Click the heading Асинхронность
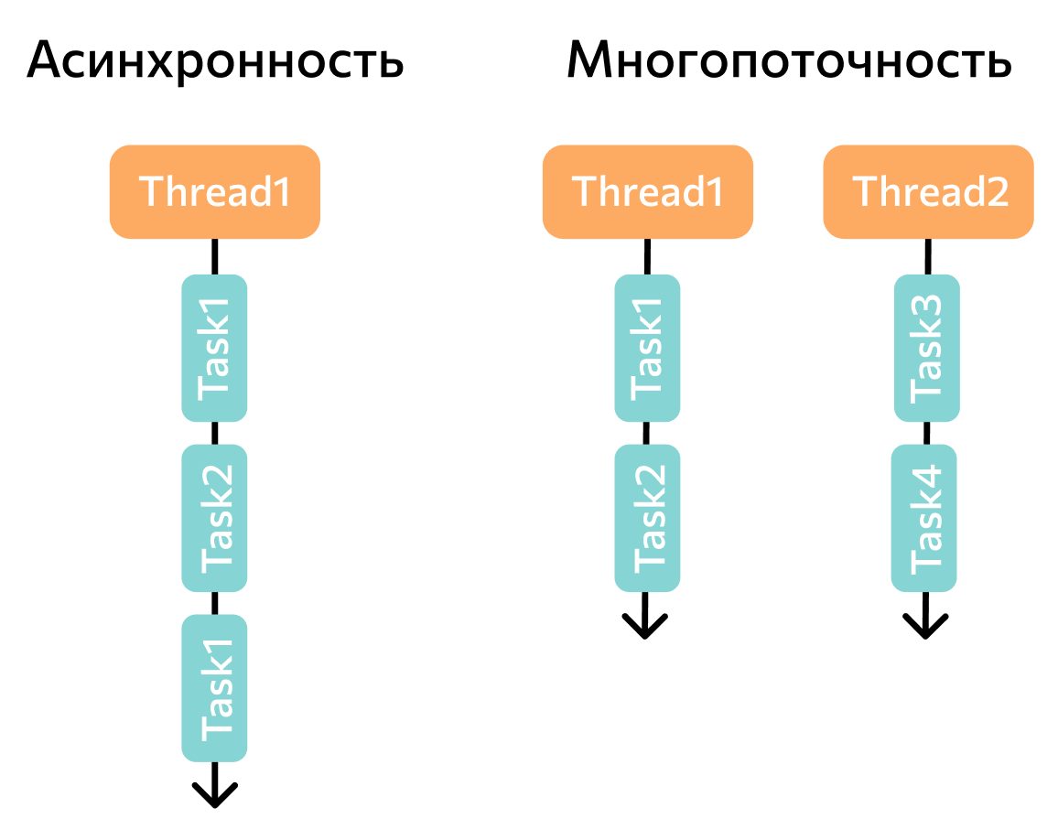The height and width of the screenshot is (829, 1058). point(215,60)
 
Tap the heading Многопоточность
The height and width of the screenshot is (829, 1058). point(789,60)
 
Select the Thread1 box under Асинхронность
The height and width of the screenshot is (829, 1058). point(215,192)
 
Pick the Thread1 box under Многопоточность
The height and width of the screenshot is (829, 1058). point(648,192)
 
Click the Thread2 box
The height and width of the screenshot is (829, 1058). point(929,192)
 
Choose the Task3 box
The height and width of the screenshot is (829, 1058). point(927,349)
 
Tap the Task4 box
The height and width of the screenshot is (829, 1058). point(924,518)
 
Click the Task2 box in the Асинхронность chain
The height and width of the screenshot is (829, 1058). point(214,518)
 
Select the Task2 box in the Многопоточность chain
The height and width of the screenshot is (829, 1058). point(647,518)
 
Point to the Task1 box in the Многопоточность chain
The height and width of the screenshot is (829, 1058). point(647,349)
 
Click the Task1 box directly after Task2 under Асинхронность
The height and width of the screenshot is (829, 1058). point(214,688)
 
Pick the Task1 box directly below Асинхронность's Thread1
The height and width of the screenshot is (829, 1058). point(214,349)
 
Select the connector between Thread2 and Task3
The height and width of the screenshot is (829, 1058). point(928,257)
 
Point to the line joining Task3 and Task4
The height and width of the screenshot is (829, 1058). point(926,433)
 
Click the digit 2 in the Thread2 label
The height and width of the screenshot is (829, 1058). point(998,192)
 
